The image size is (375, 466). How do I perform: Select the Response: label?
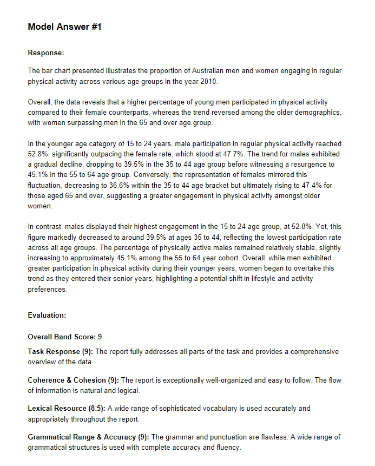pyautogui.click(x=46, y=52)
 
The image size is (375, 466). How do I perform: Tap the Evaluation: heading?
pyautogui.click(x=47, y=315)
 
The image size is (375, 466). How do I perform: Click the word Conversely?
pyautogui.click(x=159, y=174)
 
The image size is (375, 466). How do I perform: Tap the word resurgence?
pyautogui.click(x=303, y=164)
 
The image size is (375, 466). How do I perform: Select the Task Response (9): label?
pyautogui.click(x=61, y=351)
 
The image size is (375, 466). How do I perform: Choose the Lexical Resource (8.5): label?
pyautogui.click(x=67, y=408)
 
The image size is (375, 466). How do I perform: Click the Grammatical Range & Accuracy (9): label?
pyautogui.click(x=89, y=437)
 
